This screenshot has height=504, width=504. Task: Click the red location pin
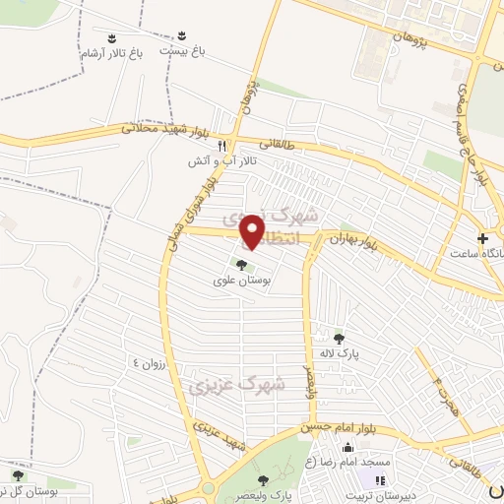(x=255, y=229)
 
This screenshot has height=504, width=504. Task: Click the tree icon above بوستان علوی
(x=240, y=264)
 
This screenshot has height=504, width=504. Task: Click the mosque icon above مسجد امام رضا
(x=346, y=448)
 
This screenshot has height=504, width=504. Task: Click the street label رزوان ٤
(x=154, y=361)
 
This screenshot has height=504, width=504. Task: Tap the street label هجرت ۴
(x=438, y=379)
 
